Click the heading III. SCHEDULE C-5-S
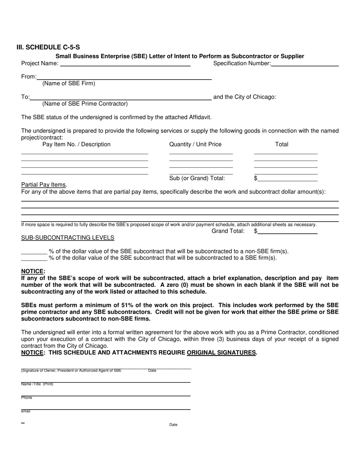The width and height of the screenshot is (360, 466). point(48,47)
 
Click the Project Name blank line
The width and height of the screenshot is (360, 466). point(125,65)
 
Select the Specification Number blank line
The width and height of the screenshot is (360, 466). point(305,65)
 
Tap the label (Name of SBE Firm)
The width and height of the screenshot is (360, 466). point(69,83)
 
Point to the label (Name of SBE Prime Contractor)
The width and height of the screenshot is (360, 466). point(85,103)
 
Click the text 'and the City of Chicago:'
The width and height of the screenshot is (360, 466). point(245,97)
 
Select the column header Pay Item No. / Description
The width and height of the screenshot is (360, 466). point(77,144)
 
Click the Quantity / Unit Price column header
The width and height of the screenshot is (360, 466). point(196,144)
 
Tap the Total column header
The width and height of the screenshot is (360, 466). point(282,144)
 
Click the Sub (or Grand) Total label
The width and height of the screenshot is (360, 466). point(197,178)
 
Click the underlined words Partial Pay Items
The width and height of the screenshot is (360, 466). point(44,185)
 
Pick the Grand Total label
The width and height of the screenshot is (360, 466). point(228,231)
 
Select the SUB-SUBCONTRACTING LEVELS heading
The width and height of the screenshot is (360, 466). point(68,238)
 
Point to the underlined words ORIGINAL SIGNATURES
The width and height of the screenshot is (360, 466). point(221,352)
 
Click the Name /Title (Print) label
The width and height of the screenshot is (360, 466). point(37,384)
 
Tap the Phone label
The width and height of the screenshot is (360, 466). point(27,398)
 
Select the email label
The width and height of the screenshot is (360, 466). point(26,411)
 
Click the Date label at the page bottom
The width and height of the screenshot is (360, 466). point(173,425)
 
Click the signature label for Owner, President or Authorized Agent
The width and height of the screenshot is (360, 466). point(71,371)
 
